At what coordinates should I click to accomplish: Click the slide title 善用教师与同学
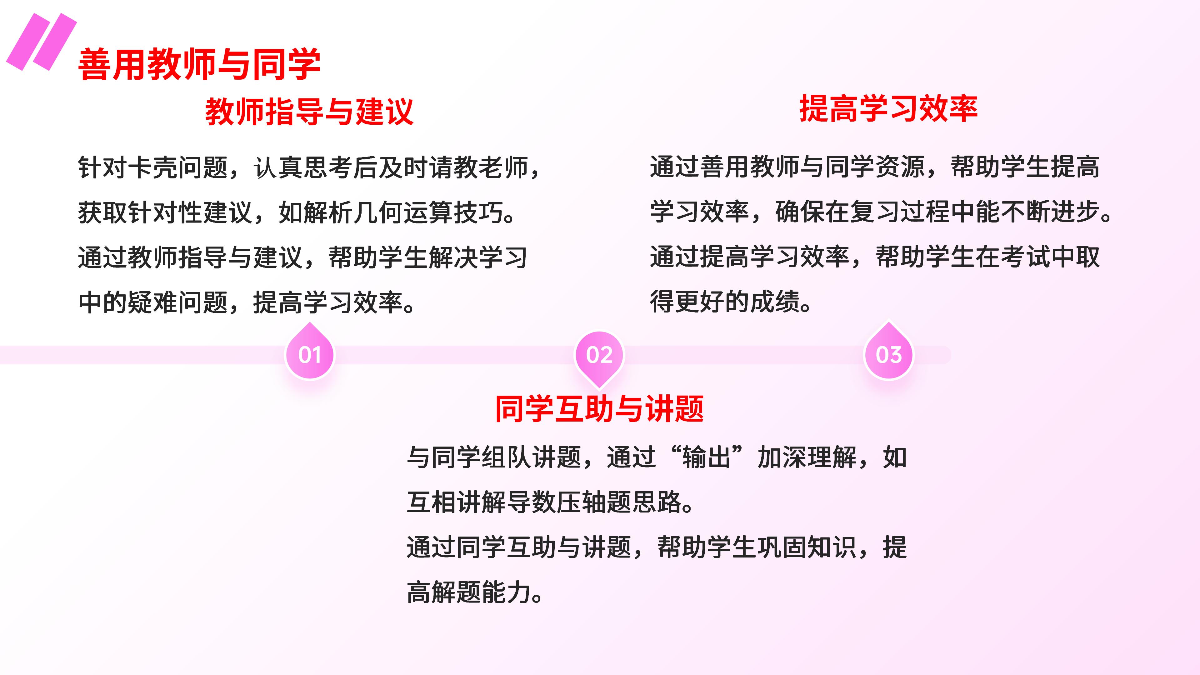(x=199, y=64)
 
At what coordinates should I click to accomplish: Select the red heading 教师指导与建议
(x=309, y=112)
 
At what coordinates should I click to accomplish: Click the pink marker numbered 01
(x=310, y=352)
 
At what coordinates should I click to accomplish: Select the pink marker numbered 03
(x=889, y=352)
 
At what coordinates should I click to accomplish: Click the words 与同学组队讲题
(x=494, y=457)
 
